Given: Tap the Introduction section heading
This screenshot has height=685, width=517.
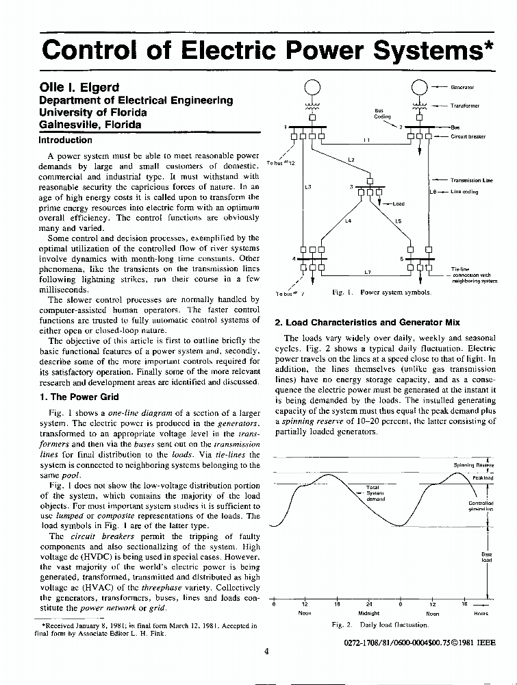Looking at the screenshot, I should [x=65, y=140].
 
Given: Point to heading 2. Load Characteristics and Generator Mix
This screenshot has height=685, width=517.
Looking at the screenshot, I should [x=367, y=322].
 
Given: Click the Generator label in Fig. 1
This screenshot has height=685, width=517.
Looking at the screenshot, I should [x=462, y=88].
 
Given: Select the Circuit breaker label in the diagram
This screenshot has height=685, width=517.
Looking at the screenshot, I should [x=468, y=136].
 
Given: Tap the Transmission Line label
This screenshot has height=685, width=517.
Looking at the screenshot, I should [x=472, y=180].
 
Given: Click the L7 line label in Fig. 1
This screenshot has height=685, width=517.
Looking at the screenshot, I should [x=367, y=272].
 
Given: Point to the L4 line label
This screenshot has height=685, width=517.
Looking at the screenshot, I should [x=348, y=221].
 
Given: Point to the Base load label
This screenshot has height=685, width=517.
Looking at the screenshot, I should [x=487, y=557].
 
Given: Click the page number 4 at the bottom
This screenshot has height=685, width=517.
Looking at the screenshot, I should [x=266, y=651].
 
